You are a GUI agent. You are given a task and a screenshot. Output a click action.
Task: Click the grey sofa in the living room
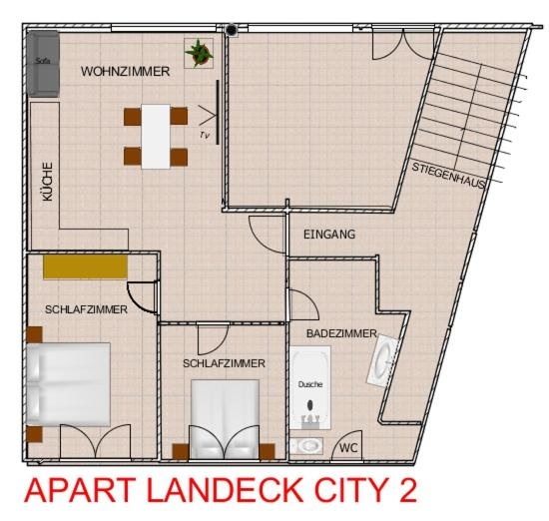tap(43, 64)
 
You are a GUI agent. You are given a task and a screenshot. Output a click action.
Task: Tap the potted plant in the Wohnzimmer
tap(199, 53)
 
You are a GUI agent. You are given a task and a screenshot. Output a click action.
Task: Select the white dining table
tap(156, 137)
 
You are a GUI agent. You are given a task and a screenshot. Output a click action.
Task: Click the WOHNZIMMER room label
tap(126, 72)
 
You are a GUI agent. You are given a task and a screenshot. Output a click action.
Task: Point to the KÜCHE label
tap(48, 182)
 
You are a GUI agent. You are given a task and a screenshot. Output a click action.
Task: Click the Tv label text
tap(205, 135)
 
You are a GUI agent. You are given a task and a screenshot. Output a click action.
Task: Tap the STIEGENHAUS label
tap(449, 176)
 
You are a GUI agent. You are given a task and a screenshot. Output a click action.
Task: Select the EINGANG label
tap(329, 235)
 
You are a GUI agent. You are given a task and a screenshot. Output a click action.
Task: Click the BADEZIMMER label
tap(341, 333)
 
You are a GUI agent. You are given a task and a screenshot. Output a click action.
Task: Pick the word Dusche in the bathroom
tap(310, 384)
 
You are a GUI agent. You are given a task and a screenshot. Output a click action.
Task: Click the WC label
tap(348, 448)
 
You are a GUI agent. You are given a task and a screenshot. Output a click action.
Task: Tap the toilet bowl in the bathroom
tap(306, 446)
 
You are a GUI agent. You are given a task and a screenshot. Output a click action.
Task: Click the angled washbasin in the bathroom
tap(383, 359)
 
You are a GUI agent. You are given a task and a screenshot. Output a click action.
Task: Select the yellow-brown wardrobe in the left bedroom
tap(85, 266)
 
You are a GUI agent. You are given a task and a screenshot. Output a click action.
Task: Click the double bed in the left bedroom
tap(69, 384)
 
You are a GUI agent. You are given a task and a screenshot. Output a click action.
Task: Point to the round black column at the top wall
tap(232, 30)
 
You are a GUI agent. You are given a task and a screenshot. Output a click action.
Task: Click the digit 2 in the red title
tap(406, 490)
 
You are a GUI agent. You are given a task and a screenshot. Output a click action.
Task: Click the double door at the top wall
tap(403, 44)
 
